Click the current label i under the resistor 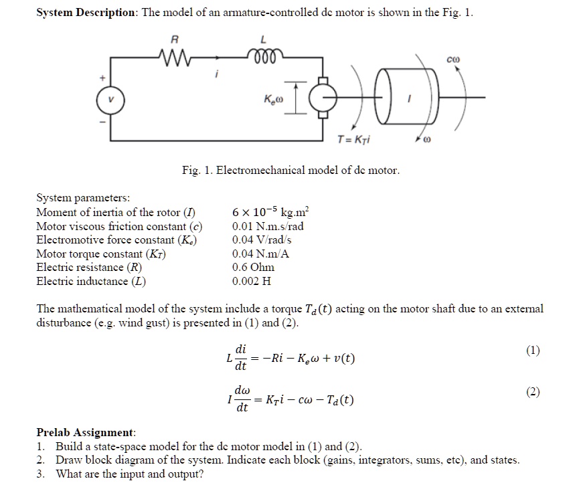tap(216, 76)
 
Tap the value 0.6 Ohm tap(252, 267)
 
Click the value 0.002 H tap(252, 281)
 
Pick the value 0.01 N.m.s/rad tap(268, 226)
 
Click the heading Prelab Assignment tap(86, 432)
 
